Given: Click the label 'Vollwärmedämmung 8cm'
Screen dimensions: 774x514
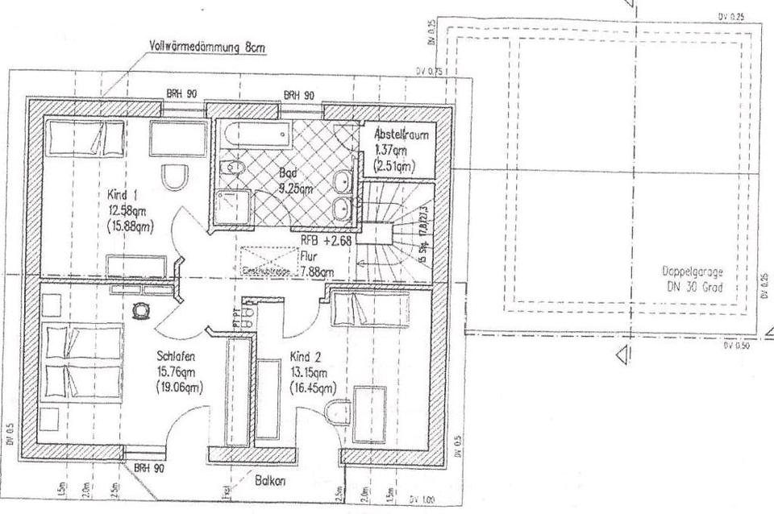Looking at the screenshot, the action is [208, 46].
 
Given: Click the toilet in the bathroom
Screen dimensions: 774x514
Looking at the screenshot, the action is [232, 168].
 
